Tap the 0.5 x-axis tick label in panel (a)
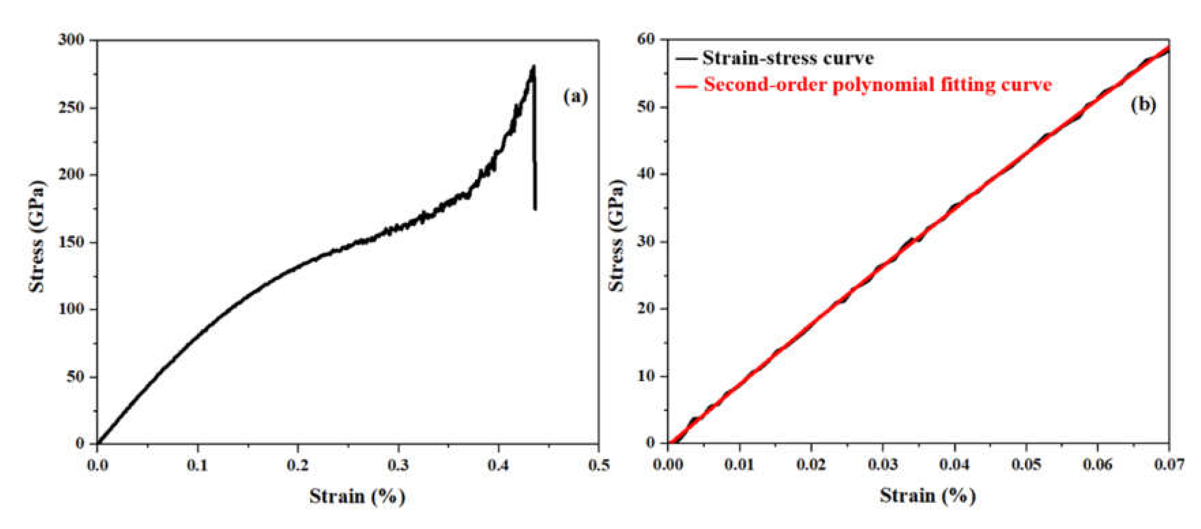point(598,465)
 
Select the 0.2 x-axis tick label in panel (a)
point(298,465)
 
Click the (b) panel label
point(1143,105)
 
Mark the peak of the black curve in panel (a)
point(533,66)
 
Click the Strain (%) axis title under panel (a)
point(357,496)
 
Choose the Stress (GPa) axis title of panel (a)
point(37,236)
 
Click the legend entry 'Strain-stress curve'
point(788,58)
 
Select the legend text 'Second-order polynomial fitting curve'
point(878,85)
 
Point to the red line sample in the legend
point(686,86)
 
